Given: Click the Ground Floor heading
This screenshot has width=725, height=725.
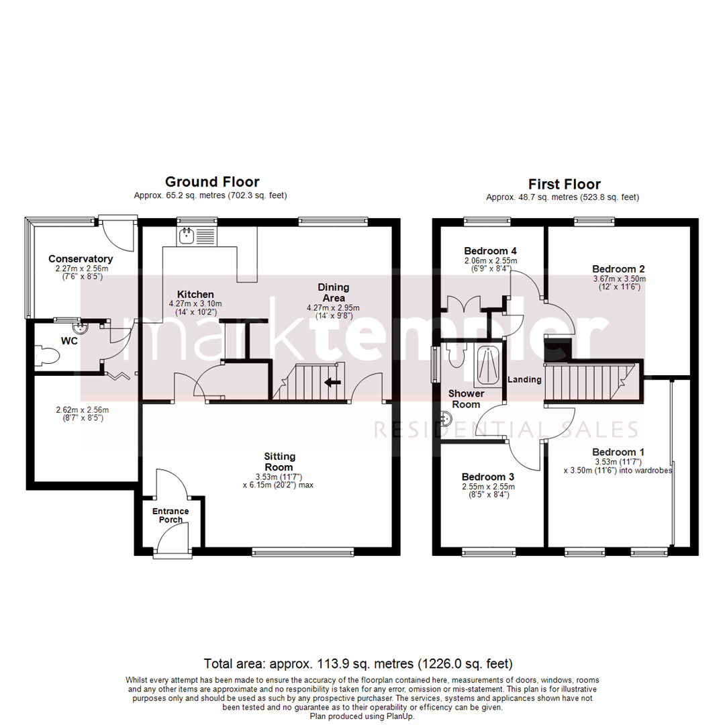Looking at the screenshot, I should [x=212, y=182].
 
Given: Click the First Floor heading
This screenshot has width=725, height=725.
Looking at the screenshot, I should [x=564, y=184].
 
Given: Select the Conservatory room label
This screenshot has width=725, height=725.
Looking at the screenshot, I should [x=81, y=258].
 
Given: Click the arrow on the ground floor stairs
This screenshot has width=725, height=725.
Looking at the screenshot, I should [x=332, y=383].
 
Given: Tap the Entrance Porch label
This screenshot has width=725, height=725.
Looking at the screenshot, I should [x=170, y=515].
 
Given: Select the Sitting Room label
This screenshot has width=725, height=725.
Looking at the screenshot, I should [x=279, y=462].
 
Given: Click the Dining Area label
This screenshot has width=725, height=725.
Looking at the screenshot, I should [x=334, y=293].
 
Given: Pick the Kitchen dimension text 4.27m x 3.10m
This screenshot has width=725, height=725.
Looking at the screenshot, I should [x=195, y=303].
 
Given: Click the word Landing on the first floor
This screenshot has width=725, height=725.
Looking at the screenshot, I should [x=524, y=379].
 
